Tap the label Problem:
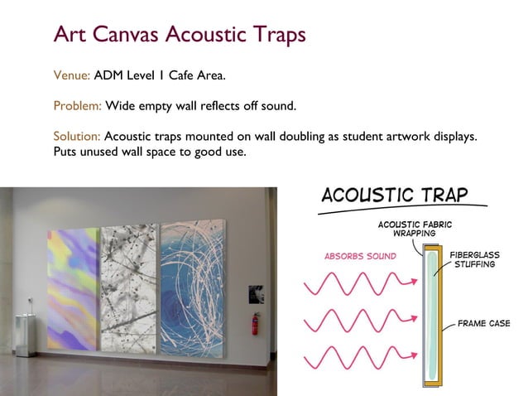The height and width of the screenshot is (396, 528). (77, 107)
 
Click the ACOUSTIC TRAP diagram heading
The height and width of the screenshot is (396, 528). (395, 196)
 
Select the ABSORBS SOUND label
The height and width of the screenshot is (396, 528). (360, 255)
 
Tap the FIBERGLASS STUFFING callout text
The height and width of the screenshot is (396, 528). (473, 258)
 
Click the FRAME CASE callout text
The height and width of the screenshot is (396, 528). (484, 323)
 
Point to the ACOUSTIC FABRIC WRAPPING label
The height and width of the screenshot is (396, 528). (415, 228)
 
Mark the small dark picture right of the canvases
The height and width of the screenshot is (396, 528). (257, 293)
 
